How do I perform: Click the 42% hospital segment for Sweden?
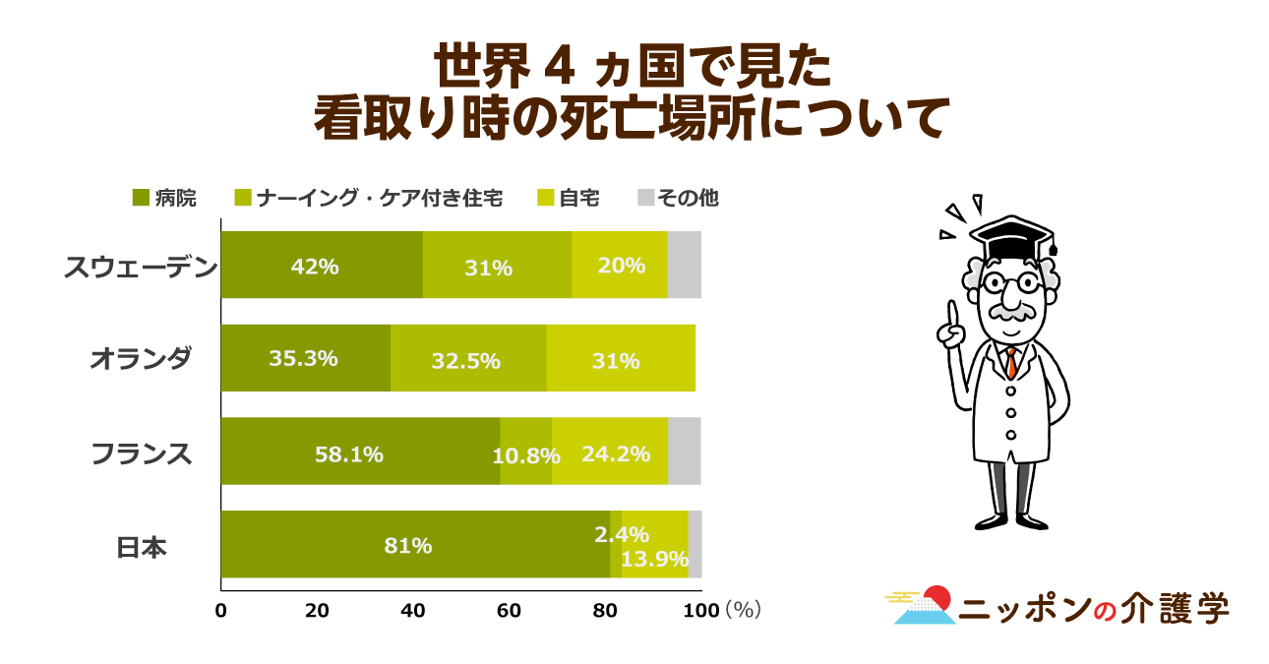tap(322, 265)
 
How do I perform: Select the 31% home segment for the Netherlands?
tap(621, 359)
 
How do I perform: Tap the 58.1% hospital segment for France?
tap(360, 452)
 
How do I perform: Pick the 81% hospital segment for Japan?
tap(415, 545)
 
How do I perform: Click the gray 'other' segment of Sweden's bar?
tap(684, 265)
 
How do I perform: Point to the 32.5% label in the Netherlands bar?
tap(465, 361)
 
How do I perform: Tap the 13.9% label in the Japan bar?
tap(655, 559)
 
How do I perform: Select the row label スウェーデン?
tap(139, 267)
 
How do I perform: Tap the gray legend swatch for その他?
tap(645, 198)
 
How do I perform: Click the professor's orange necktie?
tap(1010, 363)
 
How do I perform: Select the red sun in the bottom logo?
tap(937, 597)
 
